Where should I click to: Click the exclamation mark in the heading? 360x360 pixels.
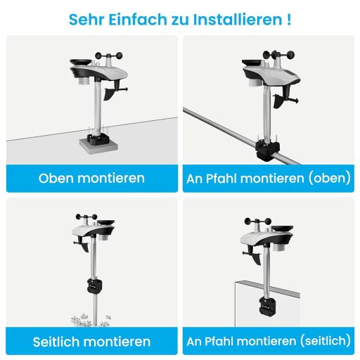pos(288,18)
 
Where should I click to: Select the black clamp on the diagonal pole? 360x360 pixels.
pos(268,146)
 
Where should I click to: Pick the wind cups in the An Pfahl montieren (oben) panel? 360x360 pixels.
pos(278,56)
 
